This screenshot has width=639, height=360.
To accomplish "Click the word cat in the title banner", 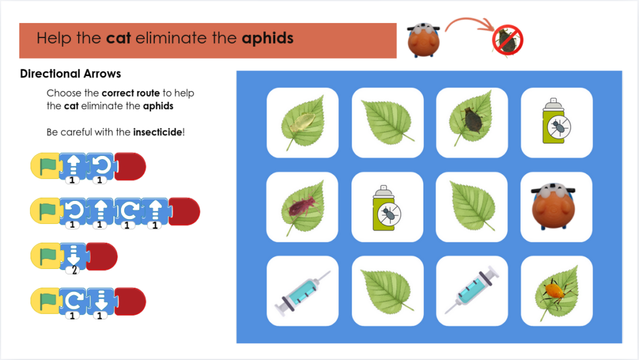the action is (x=119, y=38).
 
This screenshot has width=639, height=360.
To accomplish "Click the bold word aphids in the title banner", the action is (x=267, y=39).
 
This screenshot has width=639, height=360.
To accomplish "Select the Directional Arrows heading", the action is (x=71, y=74).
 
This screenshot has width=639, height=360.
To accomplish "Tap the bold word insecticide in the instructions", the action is (x=157, y=132).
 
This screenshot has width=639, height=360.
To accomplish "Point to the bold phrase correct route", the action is (x=130, y=93).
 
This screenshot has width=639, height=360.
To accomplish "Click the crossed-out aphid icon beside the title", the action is (x=507, y=41).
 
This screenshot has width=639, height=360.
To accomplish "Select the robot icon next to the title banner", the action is (x=424, y=40).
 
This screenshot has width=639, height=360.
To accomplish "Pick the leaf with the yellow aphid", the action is (x=303, y=122).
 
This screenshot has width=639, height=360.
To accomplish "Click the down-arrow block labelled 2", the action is (x=74, y=257).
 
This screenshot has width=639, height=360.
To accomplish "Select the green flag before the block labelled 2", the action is (x=48, y=256).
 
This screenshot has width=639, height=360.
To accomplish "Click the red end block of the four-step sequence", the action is (x=184, y=212).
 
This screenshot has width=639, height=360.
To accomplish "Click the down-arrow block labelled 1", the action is (x=100, y=302).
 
